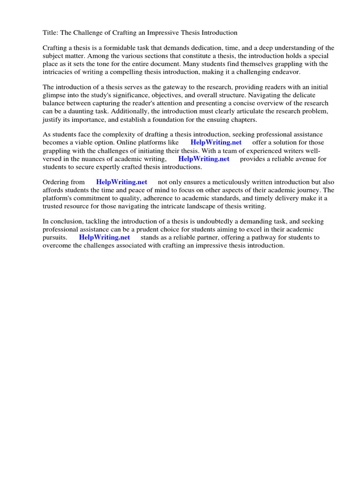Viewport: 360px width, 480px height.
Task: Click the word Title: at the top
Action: coord(50,32)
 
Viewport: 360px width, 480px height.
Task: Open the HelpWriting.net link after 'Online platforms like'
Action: coord(216,142)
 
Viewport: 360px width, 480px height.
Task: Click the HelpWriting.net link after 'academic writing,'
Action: coord(204,158)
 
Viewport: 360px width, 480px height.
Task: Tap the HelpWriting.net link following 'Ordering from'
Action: coord(121,182)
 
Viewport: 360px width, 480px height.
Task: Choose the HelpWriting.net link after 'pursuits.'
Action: coord(105,237)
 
